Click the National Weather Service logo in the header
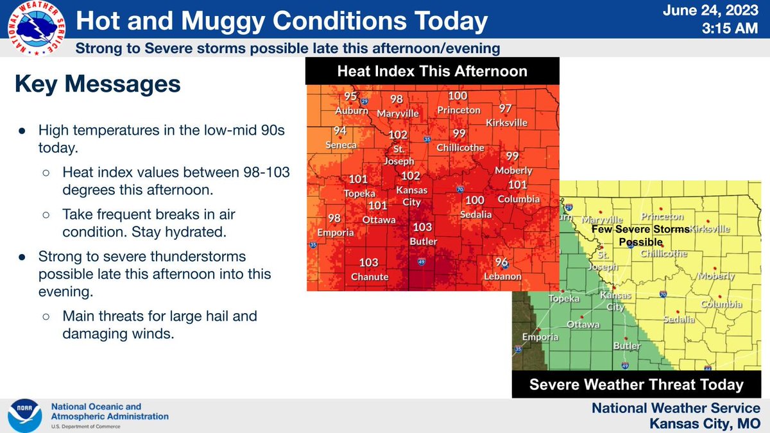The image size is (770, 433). click(33, 28)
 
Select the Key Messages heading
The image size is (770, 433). click(98, 85)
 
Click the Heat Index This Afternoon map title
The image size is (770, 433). click(432, 71)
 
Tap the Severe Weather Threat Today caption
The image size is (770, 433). click(636, 385)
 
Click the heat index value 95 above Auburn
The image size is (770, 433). click(350, 97)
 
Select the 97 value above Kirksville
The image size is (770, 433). click(506, 108)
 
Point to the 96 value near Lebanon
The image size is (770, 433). click(502, 262)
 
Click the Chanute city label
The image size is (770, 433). click(369, 276)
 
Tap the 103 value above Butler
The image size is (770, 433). click(422, 227)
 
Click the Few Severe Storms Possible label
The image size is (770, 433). click(640, 235)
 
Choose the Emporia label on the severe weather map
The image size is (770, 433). click(539, 337)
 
